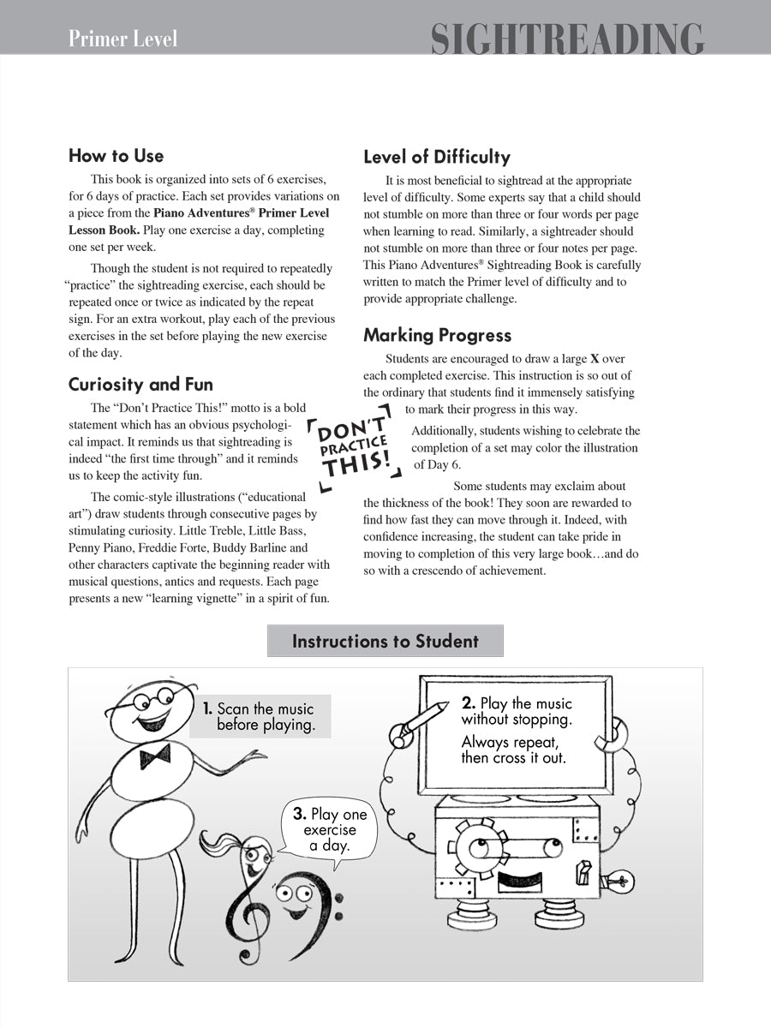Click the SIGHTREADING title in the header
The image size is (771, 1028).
[566, 39]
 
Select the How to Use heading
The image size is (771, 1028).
[116, 156]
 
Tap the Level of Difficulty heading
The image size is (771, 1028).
[436, 157]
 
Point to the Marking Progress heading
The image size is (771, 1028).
[437, 335]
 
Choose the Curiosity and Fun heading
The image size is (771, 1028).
[140, 384]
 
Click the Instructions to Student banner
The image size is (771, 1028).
[385, 641]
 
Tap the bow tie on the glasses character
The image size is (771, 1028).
[154, 756]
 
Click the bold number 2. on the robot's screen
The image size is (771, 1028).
[469, 703]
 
